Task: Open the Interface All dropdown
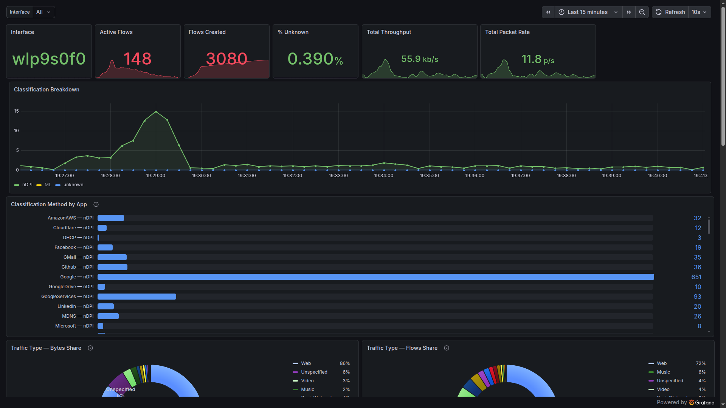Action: click(43, 12)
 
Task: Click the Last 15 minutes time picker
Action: click(588, 12)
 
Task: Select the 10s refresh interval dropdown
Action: click(699, 12)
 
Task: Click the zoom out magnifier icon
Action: click(642, 12)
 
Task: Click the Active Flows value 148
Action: click(137, 59)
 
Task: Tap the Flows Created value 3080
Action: click(226, 59)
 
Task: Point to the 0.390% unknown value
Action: click(315, 59)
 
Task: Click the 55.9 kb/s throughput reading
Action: click(419, 59)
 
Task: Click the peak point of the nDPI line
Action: click(156, 111)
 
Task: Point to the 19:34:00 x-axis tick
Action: click(384, 176)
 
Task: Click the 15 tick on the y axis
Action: click(16, 111)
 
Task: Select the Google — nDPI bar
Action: click(375, 277)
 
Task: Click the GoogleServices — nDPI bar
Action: click(137, 297)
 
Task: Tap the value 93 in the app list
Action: click(697, 297)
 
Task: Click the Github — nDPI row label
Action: click(77, 267)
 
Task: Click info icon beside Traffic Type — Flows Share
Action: click(447, 348)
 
